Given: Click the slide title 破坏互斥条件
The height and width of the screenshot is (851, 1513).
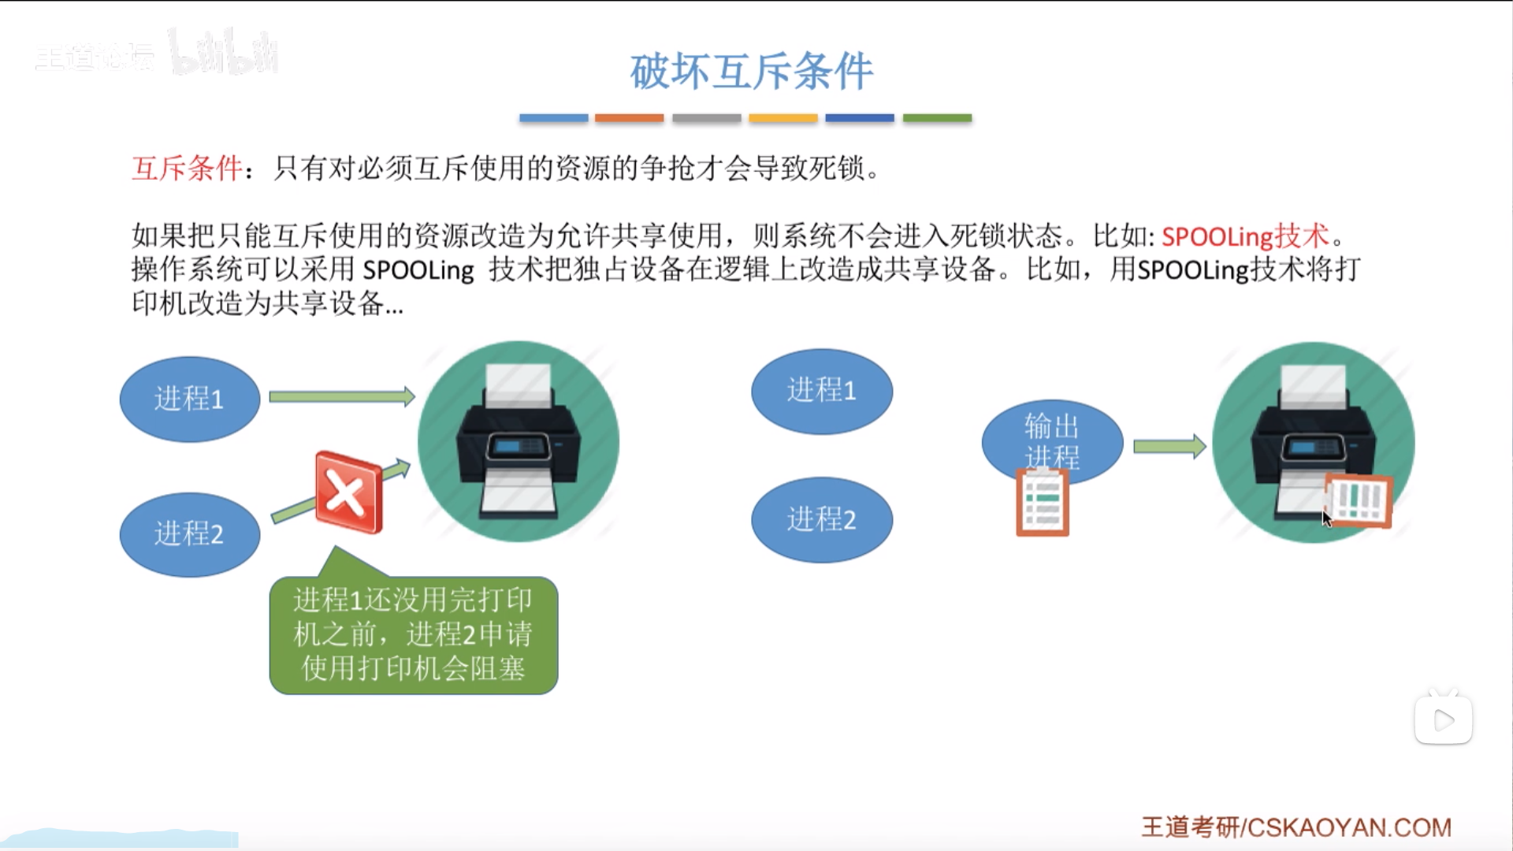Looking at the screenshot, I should point(751,71).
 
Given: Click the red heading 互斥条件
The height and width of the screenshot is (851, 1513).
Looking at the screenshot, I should point(187,168).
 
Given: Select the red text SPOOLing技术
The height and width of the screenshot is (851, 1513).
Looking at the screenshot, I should point(1245,236).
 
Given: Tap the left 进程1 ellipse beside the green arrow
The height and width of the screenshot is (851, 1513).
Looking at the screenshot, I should point(189,399).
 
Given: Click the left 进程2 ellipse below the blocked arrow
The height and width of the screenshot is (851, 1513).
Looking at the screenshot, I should point(189,534).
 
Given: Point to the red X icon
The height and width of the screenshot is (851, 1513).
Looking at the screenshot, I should point(348,492).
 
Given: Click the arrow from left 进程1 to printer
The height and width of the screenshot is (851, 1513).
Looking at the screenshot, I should point(341,396).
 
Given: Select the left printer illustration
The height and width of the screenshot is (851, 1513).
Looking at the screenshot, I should point(518,441).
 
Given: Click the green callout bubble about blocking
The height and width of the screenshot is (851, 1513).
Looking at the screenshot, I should point(413,635).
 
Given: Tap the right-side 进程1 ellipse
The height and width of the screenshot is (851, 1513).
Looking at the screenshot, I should point(821,391).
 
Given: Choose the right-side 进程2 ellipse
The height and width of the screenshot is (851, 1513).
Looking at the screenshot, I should point(821,519).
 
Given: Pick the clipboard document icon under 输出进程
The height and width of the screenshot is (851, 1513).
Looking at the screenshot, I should point(1042,503).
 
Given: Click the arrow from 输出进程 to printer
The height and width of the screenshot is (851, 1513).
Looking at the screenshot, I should point(1169,447).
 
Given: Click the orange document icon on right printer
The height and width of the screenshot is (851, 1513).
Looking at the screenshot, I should point(1359,500).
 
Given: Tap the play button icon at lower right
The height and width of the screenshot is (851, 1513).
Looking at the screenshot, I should point(1443,719).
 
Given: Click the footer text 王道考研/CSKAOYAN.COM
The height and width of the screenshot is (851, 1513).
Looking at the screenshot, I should point(1296,827).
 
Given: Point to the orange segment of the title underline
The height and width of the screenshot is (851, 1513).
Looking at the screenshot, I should point(629,118).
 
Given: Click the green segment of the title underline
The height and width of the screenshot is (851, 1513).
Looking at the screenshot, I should point(937,118).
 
